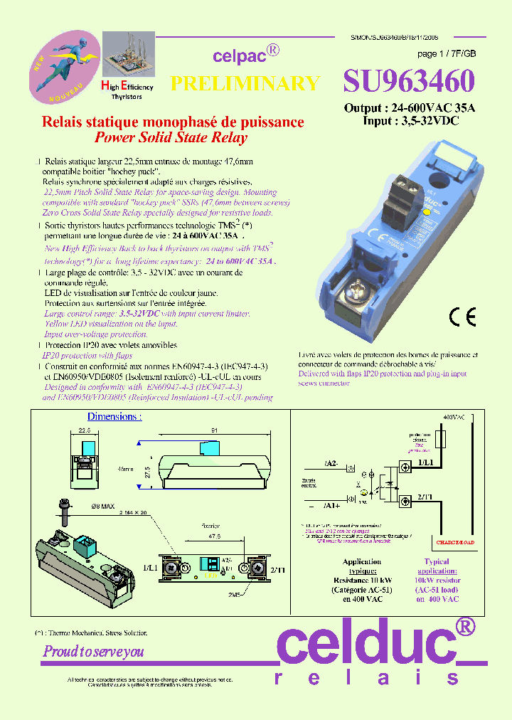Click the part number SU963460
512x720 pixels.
tap(408, 82)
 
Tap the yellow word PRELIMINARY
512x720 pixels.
tap(245, 83)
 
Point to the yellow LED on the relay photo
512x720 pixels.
tap(427, 212)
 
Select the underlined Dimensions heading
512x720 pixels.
tap(114, 416)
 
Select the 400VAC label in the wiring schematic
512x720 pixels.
tap(453, 415)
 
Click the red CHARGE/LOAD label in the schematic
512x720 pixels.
tap(455, 542)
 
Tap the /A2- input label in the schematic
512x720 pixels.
tap(331, 464)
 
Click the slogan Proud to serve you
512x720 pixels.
tap(93, 651)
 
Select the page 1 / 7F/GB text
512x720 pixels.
tap(447, 54)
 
